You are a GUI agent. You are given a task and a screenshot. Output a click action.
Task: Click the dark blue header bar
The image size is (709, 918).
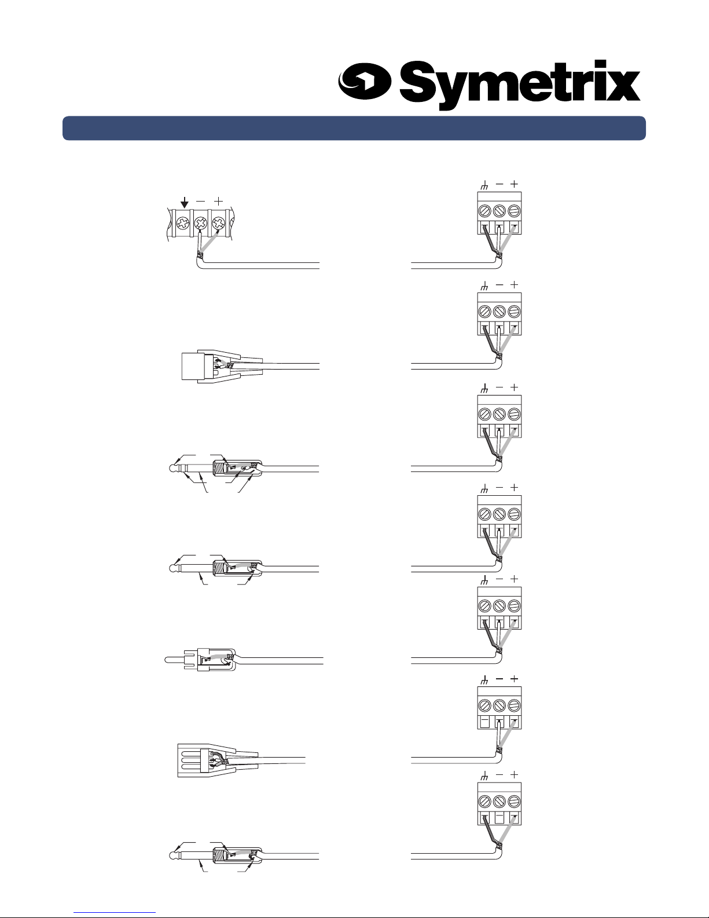(x=354, y=128)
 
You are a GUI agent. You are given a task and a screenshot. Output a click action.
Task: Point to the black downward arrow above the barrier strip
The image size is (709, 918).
(x=185, y=202)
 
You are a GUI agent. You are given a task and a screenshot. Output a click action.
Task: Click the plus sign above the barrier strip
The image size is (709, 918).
(x=218, y=201)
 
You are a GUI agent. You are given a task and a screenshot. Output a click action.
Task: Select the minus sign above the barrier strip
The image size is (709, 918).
(x=200, y=202)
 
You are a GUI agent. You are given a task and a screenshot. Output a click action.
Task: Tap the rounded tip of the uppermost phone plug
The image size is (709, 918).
(x=172, y=469)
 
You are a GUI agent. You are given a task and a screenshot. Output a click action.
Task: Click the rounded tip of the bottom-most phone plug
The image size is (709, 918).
(x=172, y=855)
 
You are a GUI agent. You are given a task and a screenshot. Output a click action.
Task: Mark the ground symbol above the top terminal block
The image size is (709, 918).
(x=484, y=185)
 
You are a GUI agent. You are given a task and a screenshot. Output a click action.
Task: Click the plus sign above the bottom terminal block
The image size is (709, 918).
(x=514, y=775)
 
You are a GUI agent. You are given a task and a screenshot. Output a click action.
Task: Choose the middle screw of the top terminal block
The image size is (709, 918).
(x=499, y=210)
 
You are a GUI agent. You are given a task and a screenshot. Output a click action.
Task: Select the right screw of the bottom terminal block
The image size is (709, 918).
(x=514, y=802)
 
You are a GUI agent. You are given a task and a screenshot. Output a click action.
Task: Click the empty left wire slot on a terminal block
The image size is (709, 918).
(x=484, y=722)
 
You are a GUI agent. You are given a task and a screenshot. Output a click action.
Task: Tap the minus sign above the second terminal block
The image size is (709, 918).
(x=499, y=286)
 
